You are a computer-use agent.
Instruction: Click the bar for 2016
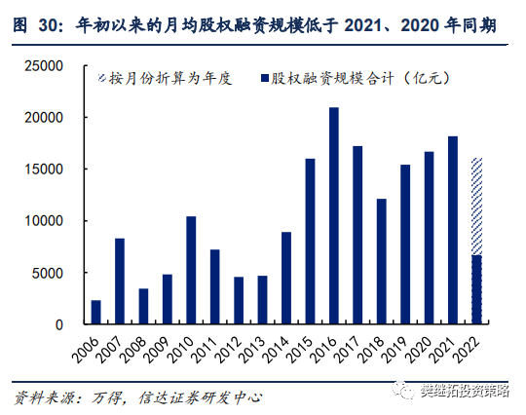point(334,215)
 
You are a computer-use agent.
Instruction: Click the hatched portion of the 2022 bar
point(476,206)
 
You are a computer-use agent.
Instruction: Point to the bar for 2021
point(453,230)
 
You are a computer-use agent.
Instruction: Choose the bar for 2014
point(286,278)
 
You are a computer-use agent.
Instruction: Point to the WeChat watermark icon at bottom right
point(404,391)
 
